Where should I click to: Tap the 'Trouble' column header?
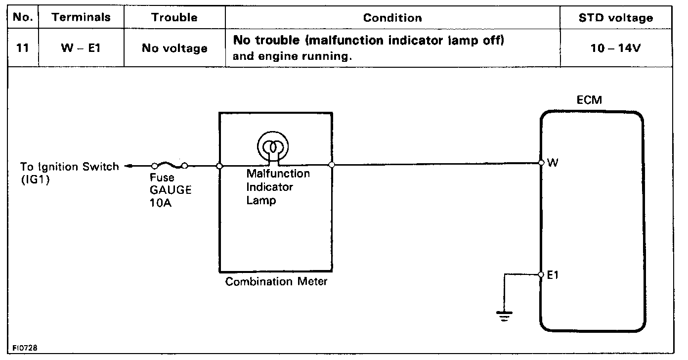pos(174,18)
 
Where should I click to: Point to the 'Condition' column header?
pos(392,18)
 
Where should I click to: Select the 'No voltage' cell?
pos(174,48)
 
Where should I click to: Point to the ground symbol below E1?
pos(505,315)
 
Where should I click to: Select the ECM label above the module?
pos(589,100)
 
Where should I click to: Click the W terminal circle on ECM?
pos(541,162)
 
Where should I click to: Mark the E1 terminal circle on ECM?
pos(541,275)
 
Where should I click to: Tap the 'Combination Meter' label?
pos(276,282)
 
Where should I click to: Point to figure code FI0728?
pos(23,348)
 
